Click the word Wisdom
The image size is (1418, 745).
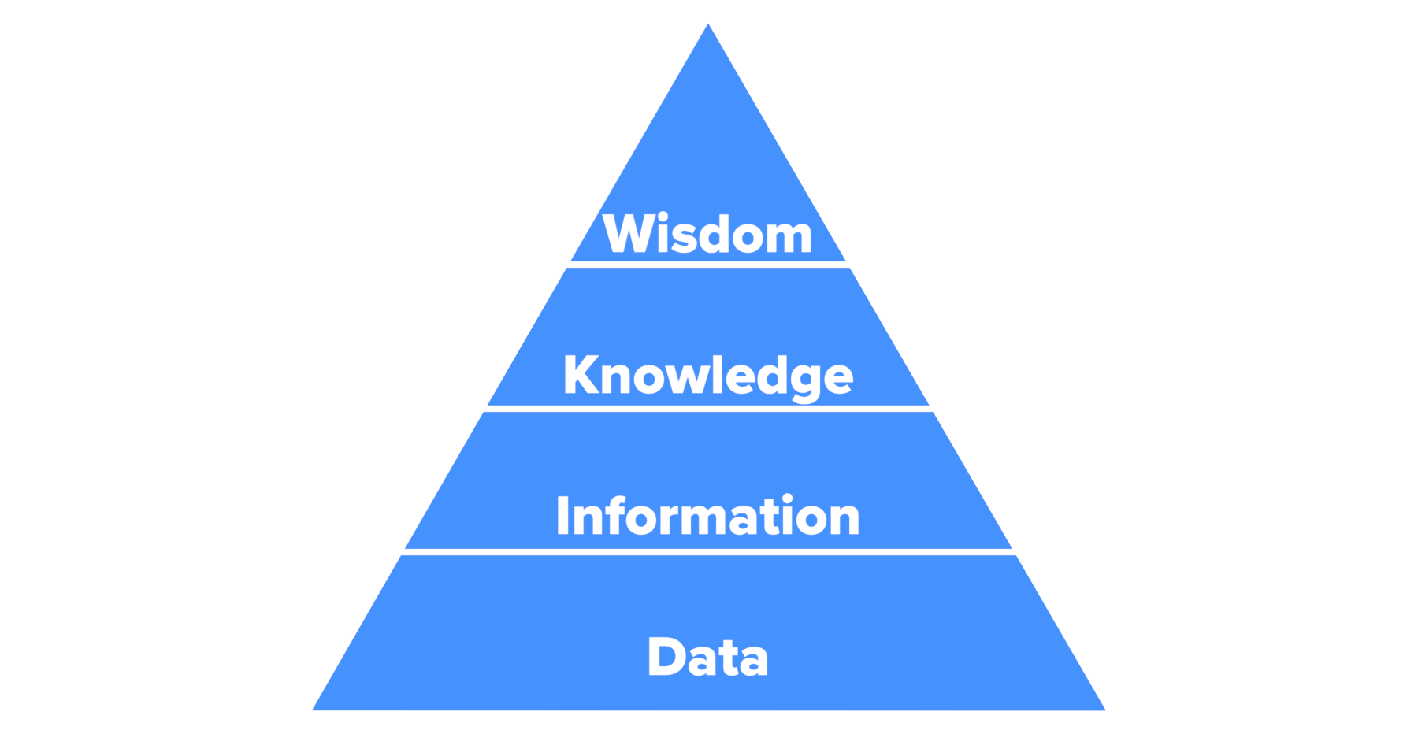(707, 234)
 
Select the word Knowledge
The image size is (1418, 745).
(707, 375)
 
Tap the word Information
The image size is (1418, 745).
(707, 517)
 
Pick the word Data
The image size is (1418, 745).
(707, 657)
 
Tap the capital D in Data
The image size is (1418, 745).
(666, 656)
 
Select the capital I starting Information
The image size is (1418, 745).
(562, 517)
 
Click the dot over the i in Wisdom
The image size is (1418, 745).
(663, 217)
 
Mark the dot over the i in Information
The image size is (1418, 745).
(787, 499)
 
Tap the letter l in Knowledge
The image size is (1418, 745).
(716, 374)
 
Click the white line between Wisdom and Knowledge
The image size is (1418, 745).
(707, 265)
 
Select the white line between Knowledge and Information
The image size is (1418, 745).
(707, 409)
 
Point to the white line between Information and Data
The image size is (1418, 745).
(707, 552)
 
